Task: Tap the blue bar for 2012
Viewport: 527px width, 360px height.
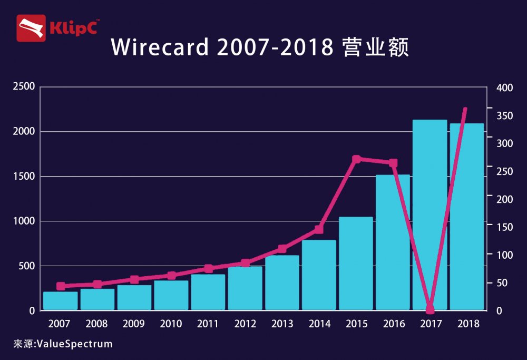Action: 245,288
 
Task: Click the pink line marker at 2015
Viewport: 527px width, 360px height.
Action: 356,159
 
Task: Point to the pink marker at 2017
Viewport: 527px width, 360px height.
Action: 430,309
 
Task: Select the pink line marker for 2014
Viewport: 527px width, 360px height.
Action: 319,229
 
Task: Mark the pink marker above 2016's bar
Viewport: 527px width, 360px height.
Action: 393,163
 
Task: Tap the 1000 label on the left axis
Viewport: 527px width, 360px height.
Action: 24,221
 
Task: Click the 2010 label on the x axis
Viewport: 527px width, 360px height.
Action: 171,324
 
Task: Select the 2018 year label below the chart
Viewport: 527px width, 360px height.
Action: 467,324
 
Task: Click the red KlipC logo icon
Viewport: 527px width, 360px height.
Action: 31,28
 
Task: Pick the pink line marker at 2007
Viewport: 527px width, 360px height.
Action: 61,286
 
